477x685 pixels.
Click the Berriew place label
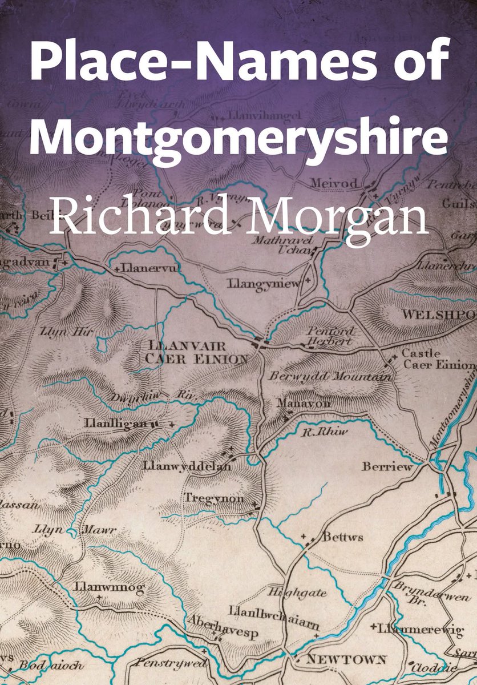(386, 467)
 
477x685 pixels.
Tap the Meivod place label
(334, 184)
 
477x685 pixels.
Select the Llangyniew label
(262, 284)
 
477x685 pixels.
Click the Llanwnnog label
(109, 587)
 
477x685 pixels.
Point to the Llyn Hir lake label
(59, 331)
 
